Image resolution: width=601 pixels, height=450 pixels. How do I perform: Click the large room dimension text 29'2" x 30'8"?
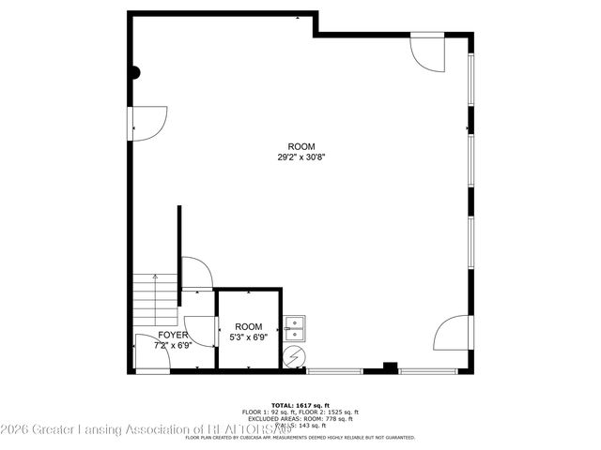click(x=300, y=158)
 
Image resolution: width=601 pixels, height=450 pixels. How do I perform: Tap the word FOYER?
click(x=172, y=335)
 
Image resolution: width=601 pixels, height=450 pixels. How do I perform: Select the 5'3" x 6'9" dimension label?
click(x=248, y=337)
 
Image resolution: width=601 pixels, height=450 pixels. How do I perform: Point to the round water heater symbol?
click(x=294, y=356)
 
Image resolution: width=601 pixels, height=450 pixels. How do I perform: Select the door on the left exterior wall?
click(x=148, y=122)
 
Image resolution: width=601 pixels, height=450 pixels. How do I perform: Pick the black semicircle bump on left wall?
click(x=134, y=71)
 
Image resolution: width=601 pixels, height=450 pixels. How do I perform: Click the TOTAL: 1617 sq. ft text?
click(x=300, y=404)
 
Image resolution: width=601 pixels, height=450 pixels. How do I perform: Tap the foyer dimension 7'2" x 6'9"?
click(x=172, y=345)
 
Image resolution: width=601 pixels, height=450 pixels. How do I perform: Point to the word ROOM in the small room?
click(x=248, y=326)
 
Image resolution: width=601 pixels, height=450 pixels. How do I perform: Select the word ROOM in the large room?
click(x=300, y=147)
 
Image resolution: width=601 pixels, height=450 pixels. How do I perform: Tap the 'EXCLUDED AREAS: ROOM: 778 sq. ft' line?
click(x=300, y=418)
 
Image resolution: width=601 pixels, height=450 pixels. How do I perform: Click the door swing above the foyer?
click(x=197, y=274)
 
